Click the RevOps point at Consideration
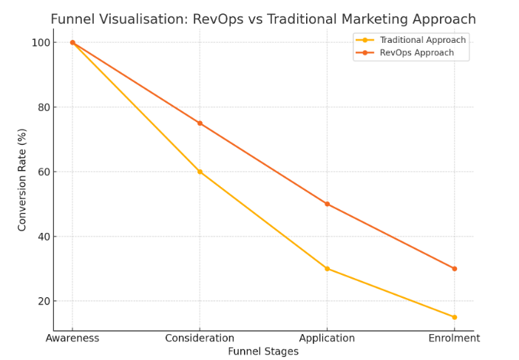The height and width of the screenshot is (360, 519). click(x=200, y=123)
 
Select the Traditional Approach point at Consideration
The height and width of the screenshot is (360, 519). click(x=200, y=171)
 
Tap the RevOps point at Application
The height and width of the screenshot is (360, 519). click(x=327, y=204)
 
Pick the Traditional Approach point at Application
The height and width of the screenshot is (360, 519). click(x=327, y=268)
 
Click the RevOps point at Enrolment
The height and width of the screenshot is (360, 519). click(x=454, y=268)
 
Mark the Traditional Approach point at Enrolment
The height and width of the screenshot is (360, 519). click(x=454, y=317)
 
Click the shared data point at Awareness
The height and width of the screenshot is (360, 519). click(x=72, y=42)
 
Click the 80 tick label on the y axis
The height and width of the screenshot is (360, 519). click(x=42, y=107)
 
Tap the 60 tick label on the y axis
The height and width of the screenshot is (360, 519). click(x=42, y=172)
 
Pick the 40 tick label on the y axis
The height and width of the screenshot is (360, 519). click(x=42, y=237)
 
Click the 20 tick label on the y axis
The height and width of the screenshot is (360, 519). click(x=42, y=302)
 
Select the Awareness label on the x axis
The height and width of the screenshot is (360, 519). click(x=72, y=339)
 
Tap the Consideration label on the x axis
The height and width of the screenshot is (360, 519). click(x=200, y=339)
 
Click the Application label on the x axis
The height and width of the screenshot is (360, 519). click(x=327, y=339)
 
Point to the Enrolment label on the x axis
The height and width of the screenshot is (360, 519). click(x=454, y=339)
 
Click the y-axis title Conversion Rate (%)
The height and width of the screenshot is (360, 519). click(x=22, y=179)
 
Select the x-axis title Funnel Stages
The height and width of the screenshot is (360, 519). click(x=263, y=352)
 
